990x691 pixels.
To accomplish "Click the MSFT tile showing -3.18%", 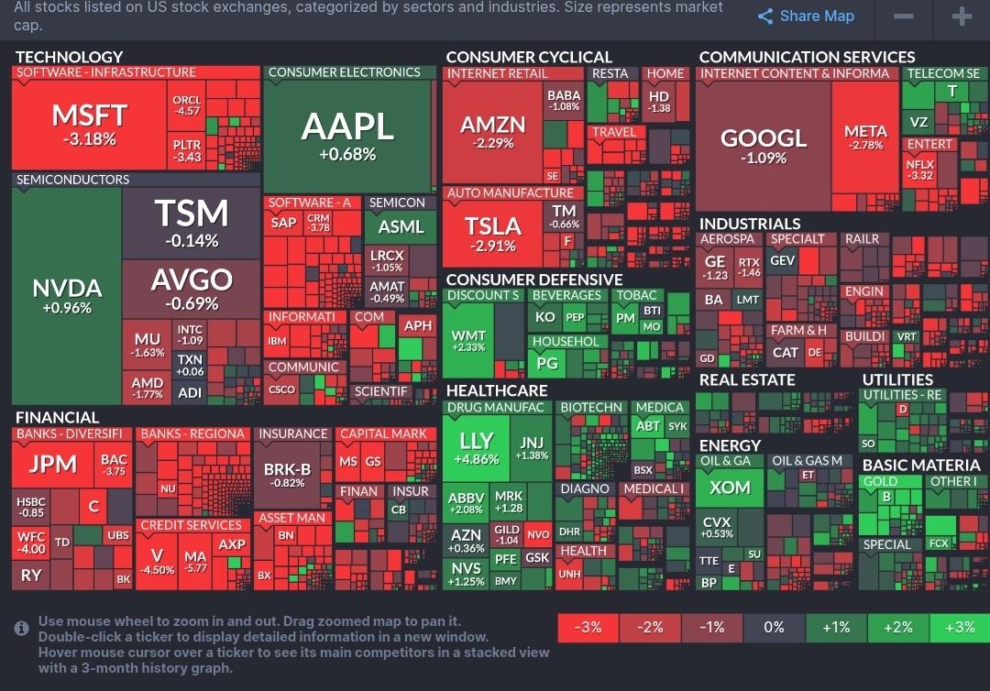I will [89, 125].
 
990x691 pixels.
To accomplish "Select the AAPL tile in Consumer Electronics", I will [347, 136].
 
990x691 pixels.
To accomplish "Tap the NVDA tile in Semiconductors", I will [67, 295].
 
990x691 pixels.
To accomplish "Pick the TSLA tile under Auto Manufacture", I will [492, 234].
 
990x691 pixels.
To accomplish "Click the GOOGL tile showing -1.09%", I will [764, 145].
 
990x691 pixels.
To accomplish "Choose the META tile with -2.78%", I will [865, 137].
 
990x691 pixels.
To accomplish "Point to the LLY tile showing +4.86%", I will [476, 448].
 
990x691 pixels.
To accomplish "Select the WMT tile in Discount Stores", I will [468, 341].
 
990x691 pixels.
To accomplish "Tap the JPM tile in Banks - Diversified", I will [53, 464].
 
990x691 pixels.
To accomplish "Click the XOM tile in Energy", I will [730, 488].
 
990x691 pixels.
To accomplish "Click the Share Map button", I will [807, 16].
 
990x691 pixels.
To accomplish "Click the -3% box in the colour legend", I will [588, 628].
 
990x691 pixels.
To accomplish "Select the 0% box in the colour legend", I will [775, 628].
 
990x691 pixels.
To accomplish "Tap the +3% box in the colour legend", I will [959, 628].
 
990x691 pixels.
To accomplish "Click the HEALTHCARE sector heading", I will [496, 390].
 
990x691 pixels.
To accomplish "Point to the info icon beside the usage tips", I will [22, 628].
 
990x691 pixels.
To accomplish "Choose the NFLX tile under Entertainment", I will [919, 170].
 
